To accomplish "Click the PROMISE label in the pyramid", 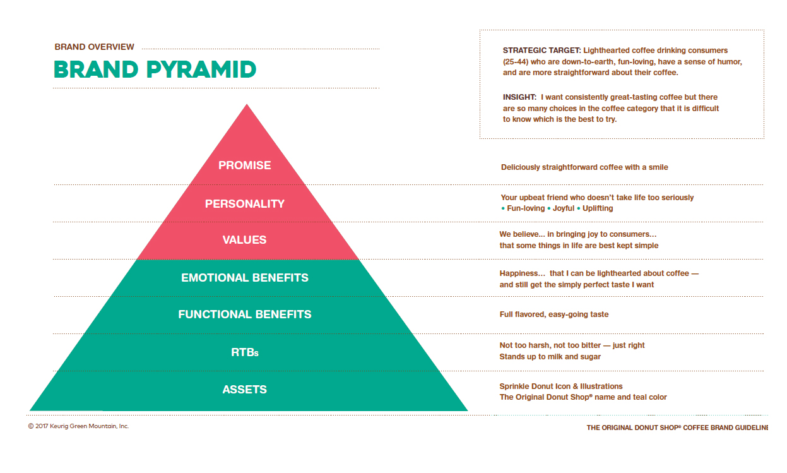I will click(245, 165).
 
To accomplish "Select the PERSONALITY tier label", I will click(245, 204).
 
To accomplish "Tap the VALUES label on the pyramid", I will click(245, 240).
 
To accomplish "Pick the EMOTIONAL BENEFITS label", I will click(245, 278).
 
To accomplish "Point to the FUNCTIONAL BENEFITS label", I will click(245, 314).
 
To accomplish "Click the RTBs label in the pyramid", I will click(245, 353).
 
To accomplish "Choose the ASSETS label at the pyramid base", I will click(245, 390).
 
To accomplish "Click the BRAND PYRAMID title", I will click(155, 69).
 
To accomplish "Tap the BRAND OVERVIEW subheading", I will click(95, 47).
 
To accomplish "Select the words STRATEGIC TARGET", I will click(541, 51).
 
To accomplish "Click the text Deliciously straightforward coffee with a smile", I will click(584, 167).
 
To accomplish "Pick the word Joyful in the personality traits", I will click(564, 208).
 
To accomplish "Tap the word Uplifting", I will click(598, 208).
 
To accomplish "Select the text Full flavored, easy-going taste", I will click(554, 314).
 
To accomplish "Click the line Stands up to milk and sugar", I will click(550, 357).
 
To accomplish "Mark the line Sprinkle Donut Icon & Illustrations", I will click(561, 386).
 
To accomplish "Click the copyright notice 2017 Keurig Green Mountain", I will click(78, 426).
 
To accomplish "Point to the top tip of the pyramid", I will click(247, 106).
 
